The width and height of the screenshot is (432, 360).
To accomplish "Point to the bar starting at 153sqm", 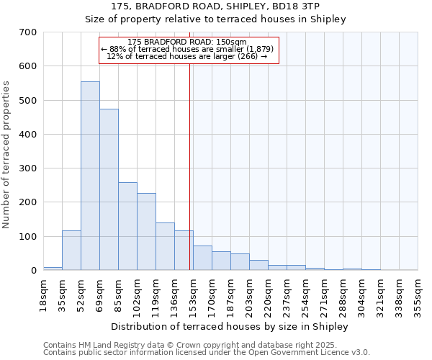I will click(x=202, y=258).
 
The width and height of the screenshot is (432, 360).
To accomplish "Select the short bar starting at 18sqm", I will click(x=53, y=269).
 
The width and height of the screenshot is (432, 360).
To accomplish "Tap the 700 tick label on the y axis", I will click(x=28, y=32).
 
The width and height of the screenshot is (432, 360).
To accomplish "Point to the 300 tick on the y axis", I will click(x=28, y=168).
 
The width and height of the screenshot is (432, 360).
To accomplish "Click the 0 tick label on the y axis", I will click(x=33, y=271).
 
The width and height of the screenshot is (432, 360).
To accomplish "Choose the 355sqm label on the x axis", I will click(x=417, y=294).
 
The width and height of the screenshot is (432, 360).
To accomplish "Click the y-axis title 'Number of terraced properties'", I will click(x=6, y=155).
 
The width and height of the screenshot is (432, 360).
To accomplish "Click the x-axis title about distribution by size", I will click(x=230, y=326).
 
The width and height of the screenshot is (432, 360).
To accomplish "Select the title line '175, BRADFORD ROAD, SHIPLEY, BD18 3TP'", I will click(x=216, y=6).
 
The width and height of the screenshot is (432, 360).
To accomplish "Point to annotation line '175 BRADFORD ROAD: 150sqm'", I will click(x=186, y=42).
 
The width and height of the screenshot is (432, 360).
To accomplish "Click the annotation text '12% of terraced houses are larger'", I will click(x=186, y=56).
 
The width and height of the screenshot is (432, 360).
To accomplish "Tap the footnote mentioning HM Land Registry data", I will click(x=206, y=345).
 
